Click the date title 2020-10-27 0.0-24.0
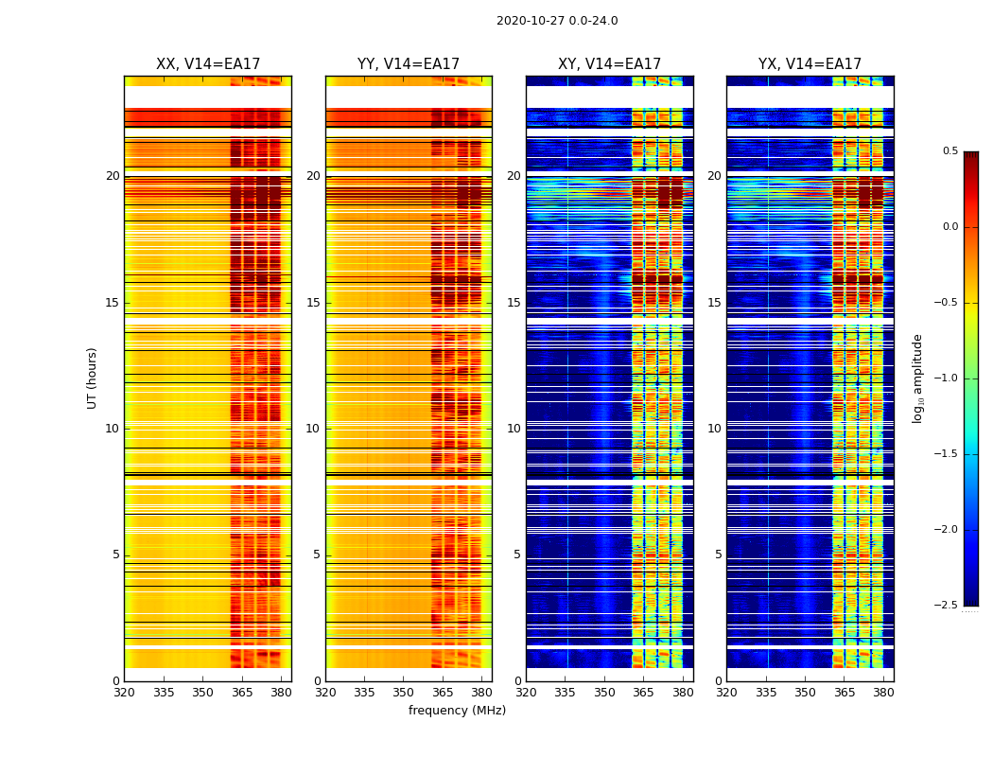pyautogui.click(x=557, y=21)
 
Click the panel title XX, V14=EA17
pyautogui.click(x=208, y=64)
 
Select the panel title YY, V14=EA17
pyautogui.click(x=409, y=64)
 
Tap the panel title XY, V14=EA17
pyautogui.click(x=609, y=64)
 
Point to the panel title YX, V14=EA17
pyautogui.click(x=810, y=64)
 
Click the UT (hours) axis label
pyautogui.click(x=93, y=378)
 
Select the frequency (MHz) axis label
pyautogui.click(x=457, y=711)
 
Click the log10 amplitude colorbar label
pyautogui.click(x=917, y=378)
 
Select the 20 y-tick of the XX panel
pyautogui.click(x=113, y=176)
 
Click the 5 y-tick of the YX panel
pyautogui.click(x=718, y=555)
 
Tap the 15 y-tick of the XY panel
pyautogui.click(x=514, y=303)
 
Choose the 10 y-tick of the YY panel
pyautogui.click(x=313, y=429)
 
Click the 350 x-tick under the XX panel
pyautogui.click(x=202, y=692)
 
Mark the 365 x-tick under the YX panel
pyautogui.click(x=845, y=692)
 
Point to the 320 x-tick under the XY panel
pyautogui.click(x=526, y=692)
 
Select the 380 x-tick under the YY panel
pyautogui.click(x=481, y=692)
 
